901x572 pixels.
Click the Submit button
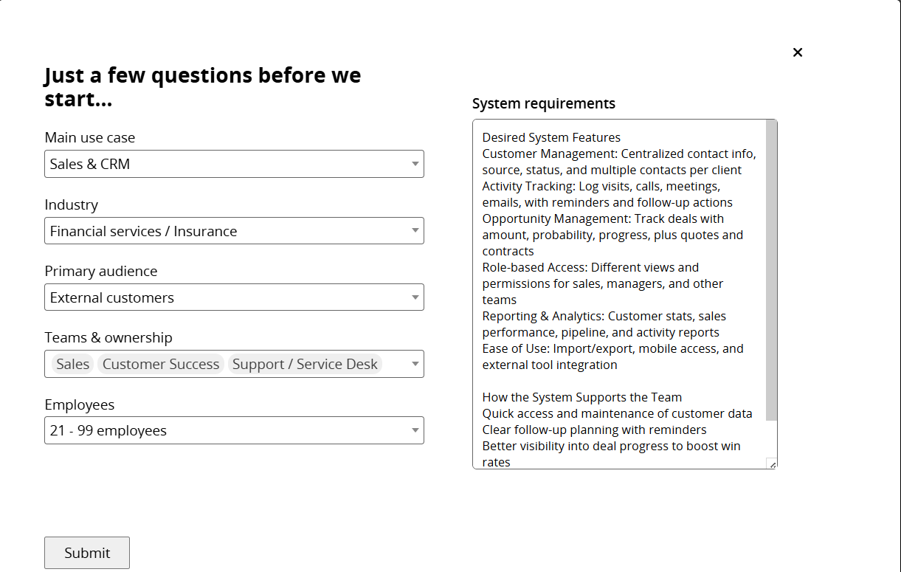point(87,553)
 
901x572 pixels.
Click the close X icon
point(797,52)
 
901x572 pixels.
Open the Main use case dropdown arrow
point(415,164)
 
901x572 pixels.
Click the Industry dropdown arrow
point(415,231)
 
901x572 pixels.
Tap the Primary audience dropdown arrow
point(415,297)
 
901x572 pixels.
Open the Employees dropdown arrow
point(415,430)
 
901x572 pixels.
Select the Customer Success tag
point(161,364)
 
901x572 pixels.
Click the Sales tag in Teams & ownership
point(72,364)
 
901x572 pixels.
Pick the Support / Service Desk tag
point(305,364)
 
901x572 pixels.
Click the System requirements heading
point(543,103)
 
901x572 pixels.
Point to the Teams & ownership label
point(108,337)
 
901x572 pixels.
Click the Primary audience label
point(100,271)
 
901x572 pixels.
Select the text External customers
point(112,297)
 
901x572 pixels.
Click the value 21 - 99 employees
point(108,430)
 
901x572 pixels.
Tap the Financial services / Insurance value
point(143,231)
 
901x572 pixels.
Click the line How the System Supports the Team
point(581,397)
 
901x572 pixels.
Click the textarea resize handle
point(772,464)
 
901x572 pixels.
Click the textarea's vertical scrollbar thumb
point(771,269)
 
